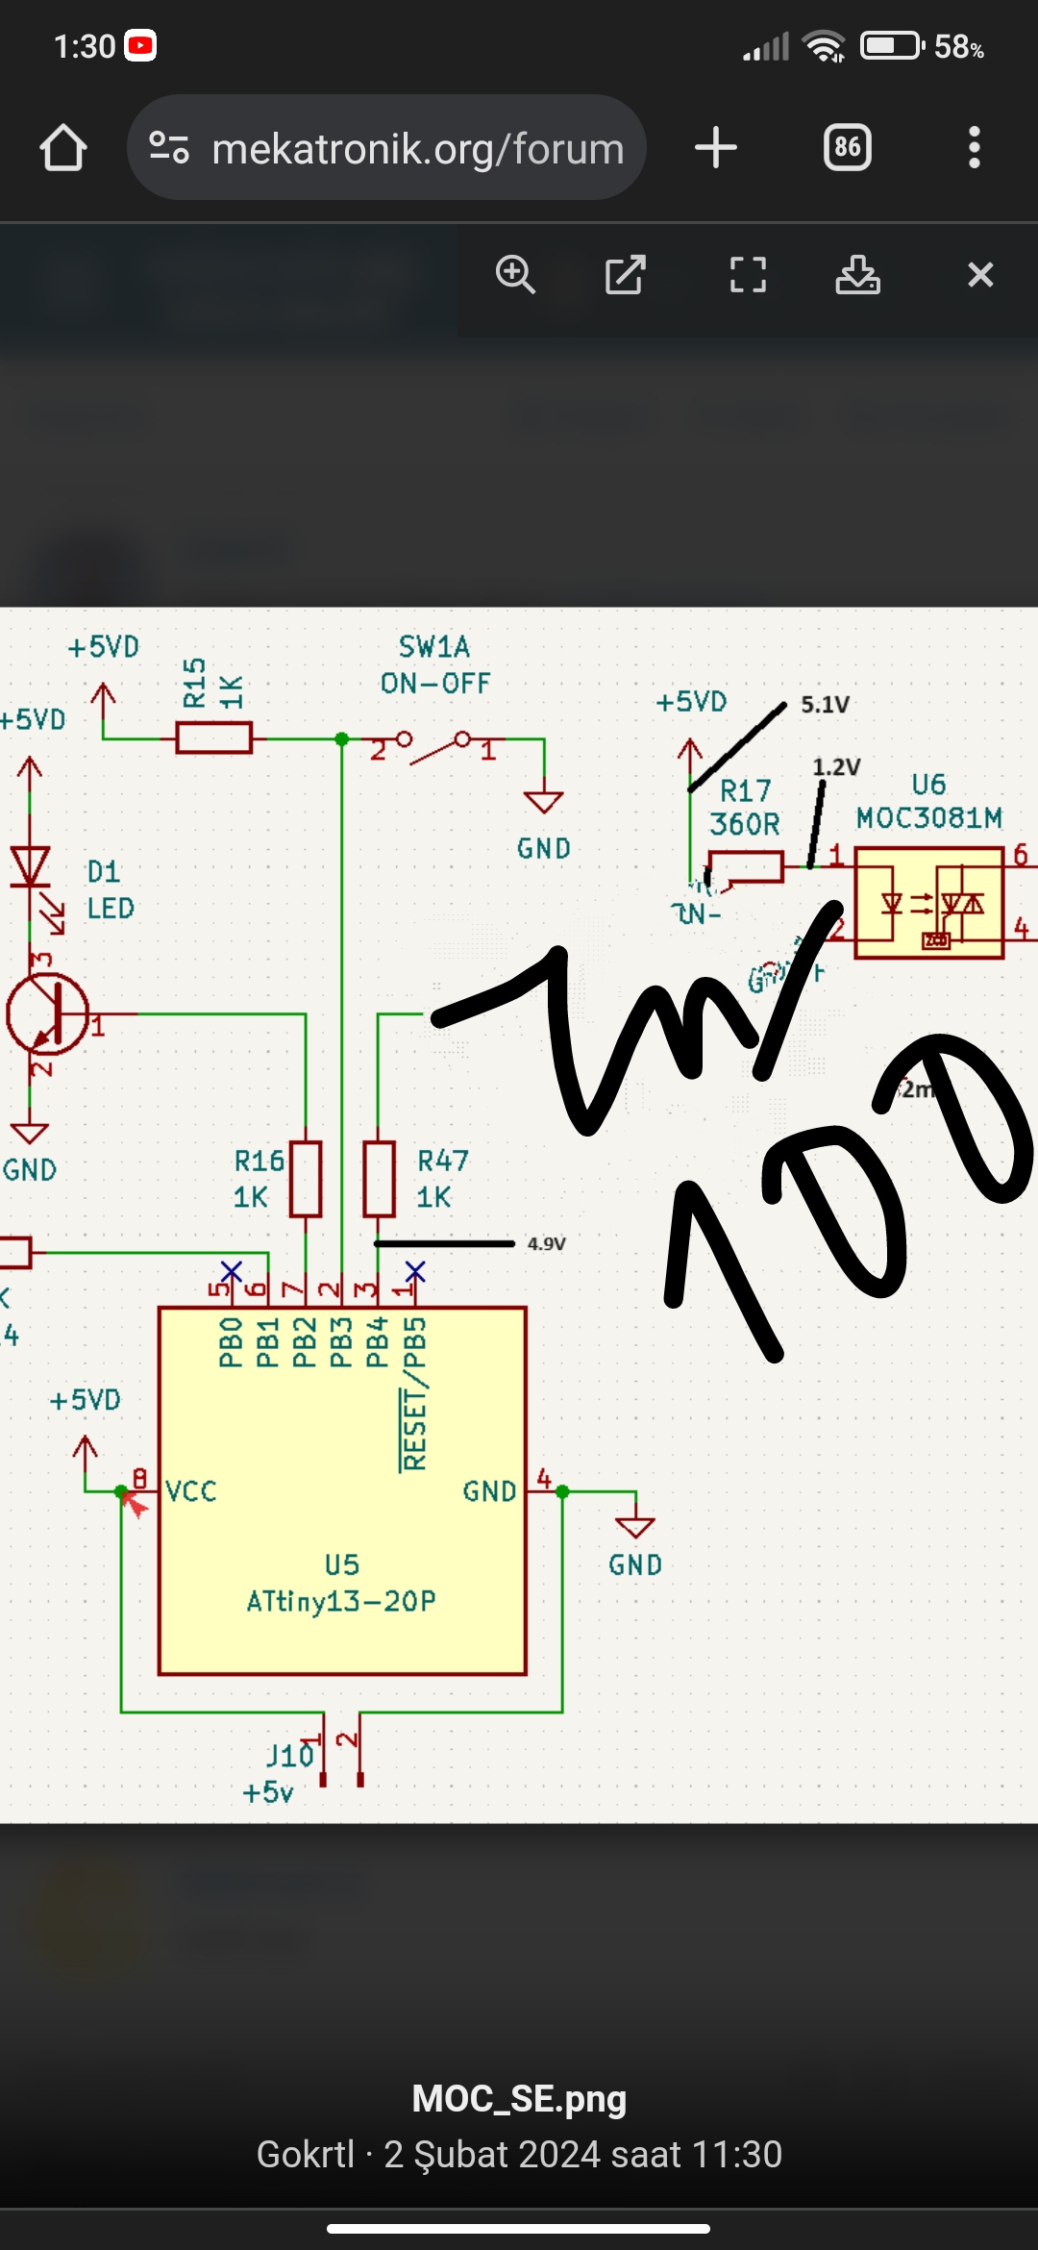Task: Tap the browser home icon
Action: pyautogui.click(x=63, y=148)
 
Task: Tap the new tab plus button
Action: pyautogui.click(x=715, y=148)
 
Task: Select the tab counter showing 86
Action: pyautogui.click(x=847, y=148)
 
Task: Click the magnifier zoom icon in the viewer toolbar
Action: pyautogui.click(x=515, y=275)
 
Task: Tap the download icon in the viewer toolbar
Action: pyautogui.click(x=857, y=275)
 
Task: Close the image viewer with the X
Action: pyautogui.click(x=980, y=275)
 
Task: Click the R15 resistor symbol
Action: pyautogui.click(x=213, y=738)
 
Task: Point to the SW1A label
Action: pyautogui.click(x=434, y=647)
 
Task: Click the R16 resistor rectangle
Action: pyautogui.click(x=306, y=1179)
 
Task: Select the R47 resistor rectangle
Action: pyautogui.click(x=379, y=1179)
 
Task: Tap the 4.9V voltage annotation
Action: pyautogui.click(x=546, y=1243)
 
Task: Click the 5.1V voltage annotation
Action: pyautogui.click(x=825, y=705)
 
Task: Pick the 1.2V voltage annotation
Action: pyautogui.click(x=836, y=767)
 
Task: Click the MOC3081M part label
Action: pyautogui.click(x=929, y=818)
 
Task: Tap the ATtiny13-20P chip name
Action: pyautogui.click(x=341, y=1601)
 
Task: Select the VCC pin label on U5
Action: pyautogui.click(x=191, y=1491)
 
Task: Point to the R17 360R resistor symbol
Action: pyautogui.click(x=746, y=866)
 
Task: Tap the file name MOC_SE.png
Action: pyautogui.click(x=519, y=2098)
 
